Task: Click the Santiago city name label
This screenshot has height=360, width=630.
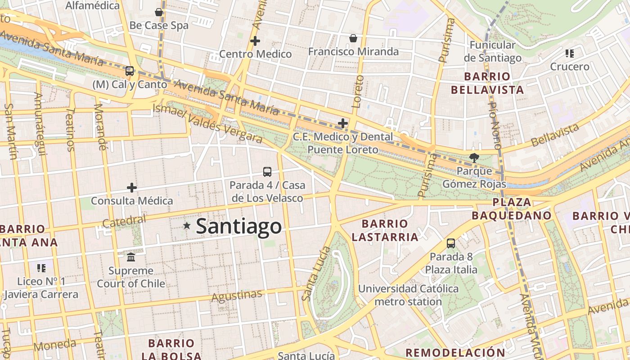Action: point(239,226)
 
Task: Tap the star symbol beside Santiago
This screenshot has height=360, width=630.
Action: point(187,225)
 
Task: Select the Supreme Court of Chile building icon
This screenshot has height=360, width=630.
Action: point(131,257)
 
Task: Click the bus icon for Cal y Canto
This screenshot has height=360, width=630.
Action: point(130,71)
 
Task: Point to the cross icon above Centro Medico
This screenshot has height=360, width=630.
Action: point(255,41)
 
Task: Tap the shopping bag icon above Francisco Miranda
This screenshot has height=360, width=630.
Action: point(353,38)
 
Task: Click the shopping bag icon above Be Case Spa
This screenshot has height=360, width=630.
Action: point(159,12)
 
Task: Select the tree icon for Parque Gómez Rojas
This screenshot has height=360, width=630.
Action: point(474,157)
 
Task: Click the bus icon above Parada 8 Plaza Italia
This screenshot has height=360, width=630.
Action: point(451,243)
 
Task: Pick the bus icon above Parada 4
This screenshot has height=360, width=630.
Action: point(267,171)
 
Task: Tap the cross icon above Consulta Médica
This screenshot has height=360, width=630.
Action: point(132,187)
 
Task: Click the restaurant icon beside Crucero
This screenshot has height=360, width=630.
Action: point(570,54)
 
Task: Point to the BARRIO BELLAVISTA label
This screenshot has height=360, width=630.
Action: point(487,83)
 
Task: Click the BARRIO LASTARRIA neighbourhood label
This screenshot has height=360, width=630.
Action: point(385,230)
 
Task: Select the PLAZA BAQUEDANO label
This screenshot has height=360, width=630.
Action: point(512,209)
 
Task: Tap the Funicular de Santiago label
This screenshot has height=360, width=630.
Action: point(492,51)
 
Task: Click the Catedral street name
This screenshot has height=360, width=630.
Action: point(124,221)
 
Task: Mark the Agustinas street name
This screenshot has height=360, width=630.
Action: point(236,296)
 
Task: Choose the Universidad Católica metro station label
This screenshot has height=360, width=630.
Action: point(408,295)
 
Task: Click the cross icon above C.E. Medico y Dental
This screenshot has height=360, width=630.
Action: point(343,123)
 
